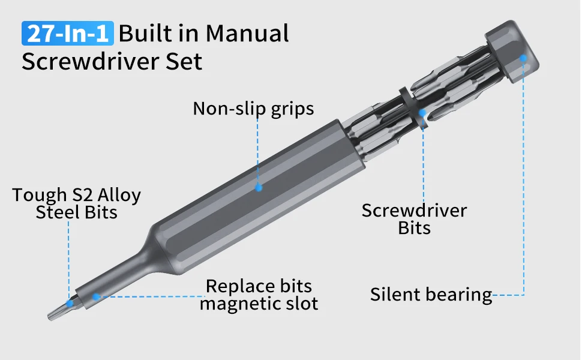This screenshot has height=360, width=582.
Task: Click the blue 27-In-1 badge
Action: [x=67, y=33]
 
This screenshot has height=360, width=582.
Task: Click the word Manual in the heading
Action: [x=247, y=33]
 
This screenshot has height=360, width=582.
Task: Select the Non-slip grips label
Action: [x=253, y=109]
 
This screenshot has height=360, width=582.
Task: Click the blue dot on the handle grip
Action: [x=259, y=187]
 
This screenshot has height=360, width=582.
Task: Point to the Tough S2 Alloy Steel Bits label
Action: [x=76, y=203]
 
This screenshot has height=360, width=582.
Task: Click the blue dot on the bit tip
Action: [x=70, y=303]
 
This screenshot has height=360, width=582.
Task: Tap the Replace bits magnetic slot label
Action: [x=259, y=295]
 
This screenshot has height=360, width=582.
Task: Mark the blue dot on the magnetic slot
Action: [x=95, y=296]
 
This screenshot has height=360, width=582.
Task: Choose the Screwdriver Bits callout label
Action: [x=414, y=219]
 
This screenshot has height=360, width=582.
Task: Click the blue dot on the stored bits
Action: [x=423, y=112]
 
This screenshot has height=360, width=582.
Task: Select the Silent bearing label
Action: [x=430, y=295]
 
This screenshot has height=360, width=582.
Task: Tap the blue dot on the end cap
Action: [x=523, y=58]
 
